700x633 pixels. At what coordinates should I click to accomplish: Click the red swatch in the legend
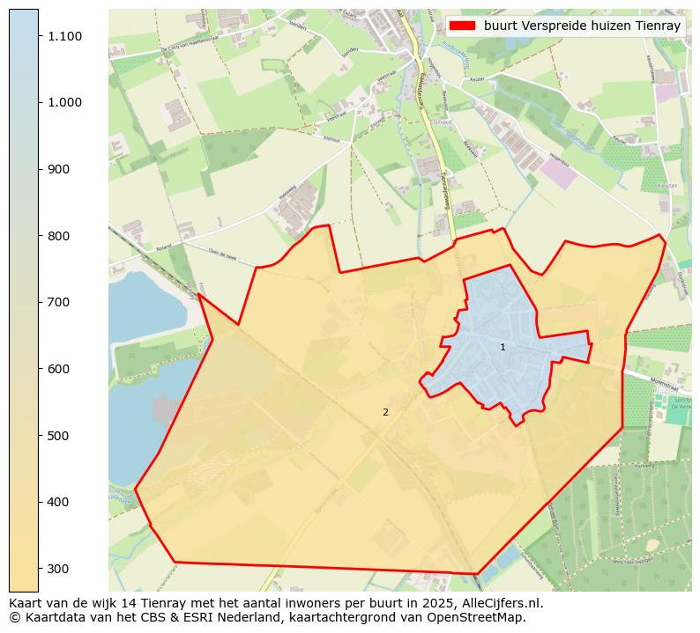(x=461, y=26)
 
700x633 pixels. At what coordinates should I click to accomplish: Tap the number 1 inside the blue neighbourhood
(x=503, y=348)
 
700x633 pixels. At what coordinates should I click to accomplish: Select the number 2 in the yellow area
(x=385, y=412)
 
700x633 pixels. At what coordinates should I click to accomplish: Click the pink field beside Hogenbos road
(x=560, y=173)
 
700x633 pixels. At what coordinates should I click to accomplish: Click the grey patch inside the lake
(x=165, y=409)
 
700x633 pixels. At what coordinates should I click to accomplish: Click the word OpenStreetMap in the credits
(x=473, y=617)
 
